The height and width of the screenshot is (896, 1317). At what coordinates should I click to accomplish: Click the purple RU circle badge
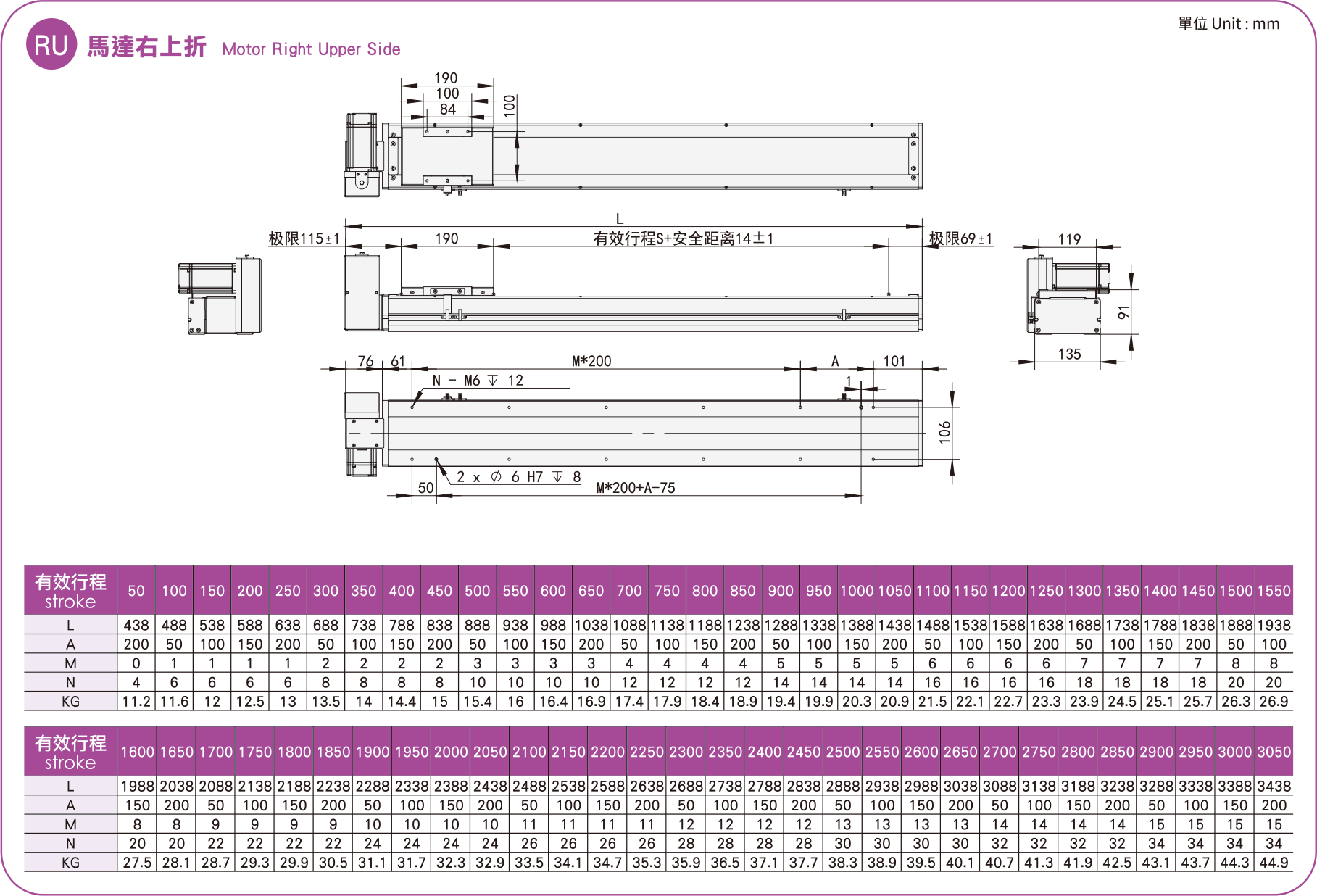[51, 45]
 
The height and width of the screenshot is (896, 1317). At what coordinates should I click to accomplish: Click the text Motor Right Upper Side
[311, 49]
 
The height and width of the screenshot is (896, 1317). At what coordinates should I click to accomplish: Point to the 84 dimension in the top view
[447, 109]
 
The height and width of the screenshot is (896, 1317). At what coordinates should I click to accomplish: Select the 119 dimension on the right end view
[1069, 239]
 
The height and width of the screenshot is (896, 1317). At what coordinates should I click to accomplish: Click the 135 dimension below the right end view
[1069, 354]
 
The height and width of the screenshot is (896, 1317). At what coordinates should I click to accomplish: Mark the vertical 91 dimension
[1123, 312]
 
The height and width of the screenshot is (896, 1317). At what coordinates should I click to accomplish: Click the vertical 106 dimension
[944, 432]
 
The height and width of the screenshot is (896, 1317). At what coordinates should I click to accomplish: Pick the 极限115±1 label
[304, 238]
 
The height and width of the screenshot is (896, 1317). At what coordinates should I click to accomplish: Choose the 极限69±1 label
[960, 238]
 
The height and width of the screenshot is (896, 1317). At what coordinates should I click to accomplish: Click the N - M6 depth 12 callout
[478, 381]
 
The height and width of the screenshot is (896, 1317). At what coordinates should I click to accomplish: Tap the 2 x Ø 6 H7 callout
[518, 477]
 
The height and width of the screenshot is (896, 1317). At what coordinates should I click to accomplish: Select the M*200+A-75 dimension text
[636, 488]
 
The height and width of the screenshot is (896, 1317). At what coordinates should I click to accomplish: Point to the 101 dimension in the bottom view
[894, 361]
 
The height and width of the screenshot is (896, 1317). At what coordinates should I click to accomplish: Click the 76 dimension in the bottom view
[365, 361]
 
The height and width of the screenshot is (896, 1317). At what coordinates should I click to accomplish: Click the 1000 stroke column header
[857, 591]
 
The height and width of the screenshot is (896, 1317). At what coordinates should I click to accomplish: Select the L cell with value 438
[136, 625]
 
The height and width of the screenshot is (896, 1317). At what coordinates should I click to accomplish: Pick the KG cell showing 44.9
[1274, 863]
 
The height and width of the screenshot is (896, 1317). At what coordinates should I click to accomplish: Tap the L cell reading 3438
[1274, 786]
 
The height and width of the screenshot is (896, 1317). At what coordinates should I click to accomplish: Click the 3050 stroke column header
[1274, 752]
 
